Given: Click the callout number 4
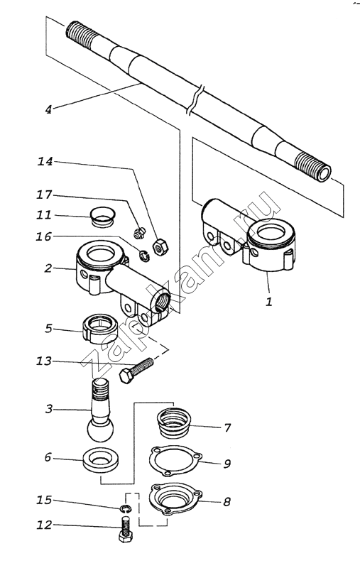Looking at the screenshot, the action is pyautogui.click(x=48, y=109).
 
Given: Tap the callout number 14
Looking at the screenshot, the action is pyautogui.click(x=45, y=161).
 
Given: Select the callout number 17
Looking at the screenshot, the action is pyautogui.click(x=44, y=195).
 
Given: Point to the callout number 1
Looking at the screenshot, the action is pyautogui.click(x=268, y=301).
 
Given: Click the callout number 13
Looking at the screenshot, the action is pyautogui.click(x=44, y=361).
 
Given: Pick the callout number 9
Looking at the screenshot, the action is pyautogui.click(x=227, y=464).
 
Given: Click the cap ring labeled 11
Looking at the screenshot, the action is pyautogui.click(x=102, y=217).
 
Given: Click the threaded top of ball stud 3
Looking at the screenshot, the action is pyautogui.click(x=100, y=388).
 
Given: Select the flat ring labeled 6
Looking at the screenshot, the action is pyautogui.click(x=101, y=461).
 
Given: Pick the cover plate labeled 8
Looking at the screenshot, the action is pyautogui.click(x=176, y=498).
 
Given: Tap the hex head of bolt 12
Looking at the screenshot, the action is pyautogui.click(x=125, y=537).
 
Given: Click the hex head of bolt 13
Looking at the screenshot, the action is pyautogui.click(x=126, y=376).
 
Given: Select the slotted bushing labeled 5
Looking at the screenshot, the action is pyautogui.click(x=100, y=329).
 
